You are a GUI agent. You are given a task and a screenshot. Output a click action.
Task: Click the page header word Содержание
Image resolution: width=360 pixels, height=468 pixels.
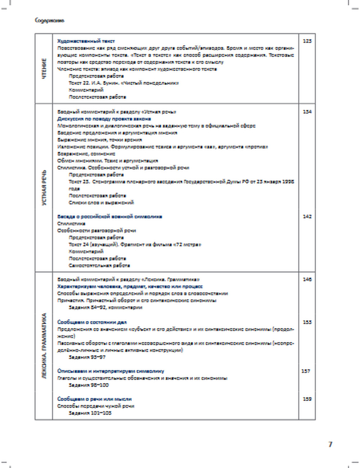(49, 21)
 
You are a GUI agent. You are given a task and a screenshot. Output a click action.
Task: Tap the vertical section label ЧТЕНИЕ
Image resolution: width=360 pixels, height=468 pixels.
(44, 68)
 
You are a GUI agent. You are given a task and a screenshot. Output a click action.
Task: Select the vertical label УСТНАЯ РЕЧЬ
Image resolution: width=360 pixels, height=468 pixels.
(44, 187)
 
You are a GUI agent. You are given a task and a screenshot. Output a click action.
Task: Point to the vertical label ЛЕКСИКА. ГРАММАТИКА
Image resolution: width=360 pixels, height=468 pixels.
(44, 346)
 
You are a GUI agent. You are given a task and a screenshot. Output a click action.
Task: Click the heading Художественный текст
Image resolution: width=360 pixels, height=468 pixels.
(86, 41)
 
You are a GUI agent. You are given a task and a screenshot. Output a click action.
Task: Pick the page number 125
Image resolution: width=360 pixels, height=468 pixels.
(307, 41)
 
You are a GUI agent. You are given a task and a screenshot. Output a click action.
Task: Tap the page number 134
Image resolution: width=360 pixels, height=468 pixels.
(307, 112)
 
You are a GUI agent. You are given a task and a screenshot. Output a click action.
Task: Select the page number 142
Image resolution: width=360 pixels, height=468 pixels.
(307, 216)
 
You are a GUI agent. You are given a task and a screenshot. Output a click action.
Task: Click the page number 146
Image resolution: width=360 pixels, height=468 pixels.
(307, 279)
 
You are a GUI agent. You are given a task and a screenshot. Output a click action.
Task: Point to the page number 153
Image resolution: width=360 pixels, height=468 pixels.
(307, 322)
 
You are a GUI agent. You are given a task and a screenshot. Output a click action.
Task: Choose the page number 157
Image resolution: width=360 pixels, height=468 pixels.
(306, 371)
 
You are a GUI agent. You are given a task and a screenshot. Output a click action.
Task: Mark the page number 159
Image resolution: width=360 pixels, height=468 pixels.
(307, 399)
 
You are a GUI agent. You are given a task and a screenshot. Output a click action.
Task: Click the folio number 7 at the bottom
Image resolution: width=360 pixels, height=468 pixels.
(330, 444)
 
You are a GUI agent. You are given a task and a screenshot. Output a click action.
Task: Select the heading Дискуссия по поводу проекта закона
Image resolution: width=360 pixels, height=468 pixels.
(104, 119)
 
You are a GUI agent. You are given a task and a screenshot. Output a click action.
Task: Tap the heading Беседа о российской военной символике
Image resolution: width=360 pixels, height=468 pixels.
(110, 216)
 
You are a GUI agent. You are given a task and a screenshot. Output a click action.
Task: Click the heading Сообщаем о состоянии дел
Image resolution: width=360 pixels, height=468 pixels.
(92, 322)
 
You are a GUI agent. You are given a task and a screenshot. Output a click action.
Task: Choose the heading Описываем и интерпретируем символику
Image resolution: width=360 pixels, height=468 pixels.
(111, 371)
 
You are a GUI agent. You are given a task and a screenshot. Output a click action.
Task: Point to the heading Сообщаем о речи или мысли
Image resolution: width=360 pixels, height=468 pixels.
(94, 399)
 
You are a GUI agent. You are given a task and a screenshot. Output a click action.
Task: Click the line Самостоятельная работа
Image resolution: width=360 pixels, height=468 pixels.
(99, 265)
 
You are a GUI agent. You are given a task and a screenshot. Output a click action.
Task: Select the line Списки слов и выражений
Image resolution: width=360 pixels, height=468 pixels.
(101, 203)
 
